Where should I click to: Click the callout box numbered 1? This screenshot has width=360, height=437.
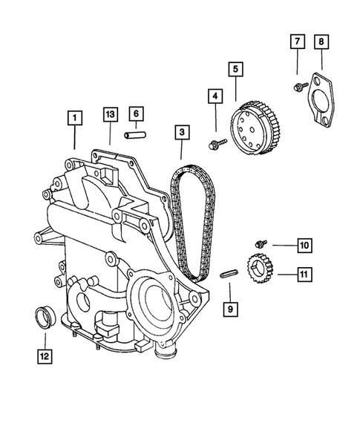tap(73, 116)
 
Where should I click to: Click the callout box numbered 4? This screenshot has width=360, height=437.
tap(215, 96)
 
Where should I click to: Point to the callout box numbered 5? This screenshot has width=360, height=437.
tap(235, 70)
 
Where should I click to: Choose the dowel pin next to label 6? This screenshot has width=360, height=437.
tap(134, 137)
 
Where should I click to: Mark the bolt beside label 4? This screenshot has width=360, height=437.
tap(216, 142)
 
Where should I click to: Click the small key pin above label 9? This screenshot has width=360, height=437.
tap(230, 274)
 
